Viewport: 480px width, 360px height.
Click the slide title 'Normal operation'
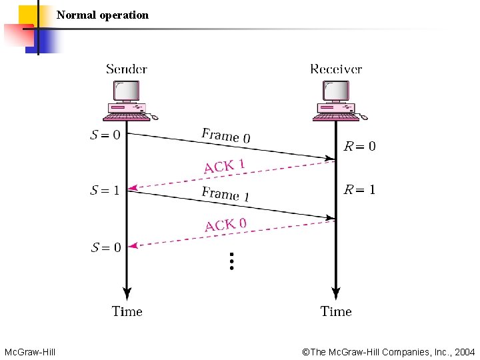(x=103, y=15)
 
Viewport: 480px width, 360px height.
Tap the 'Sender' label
(x=127, y=69)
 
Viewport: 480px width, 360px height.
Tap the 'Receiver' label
(x=336, y=69)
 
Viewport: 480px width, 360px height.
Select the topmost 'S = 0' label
(x=105, y=135)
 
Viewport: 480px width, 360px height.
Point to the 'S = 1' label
(x=105, y=191)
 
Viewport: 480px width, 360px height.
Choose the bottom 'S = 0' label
(x=105, y=248)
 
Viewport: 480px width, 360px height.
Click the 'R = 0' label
(x=359, y=146)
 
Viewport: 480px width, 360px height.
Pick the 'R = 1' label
(x=359, y=190)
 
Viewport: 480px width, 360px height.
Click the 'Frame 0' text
(x=226, y=136)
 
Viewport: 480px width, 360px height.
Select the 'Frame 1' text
(x=225, y=194)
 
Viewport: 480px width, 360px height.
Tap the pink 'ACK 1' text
(x=225, y=165)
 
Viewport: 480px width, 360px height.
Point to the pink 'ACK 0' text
(x=225, y=224)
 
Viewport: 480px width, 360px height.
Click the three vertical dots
(x=231, y=261)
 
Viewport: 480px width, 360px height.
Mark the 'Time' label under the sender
(x=127, y=311)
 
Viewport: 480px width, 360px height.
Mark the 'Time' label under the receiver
(x=336, y=311)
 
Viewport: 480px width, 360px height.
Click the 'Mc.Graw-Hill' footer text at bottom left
(x=29, y=351)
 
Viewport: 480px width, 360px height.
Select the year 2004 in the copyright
(x=464, y=351)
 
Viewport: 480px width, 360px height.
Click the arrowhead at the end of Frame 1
(x=330, y=217)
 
